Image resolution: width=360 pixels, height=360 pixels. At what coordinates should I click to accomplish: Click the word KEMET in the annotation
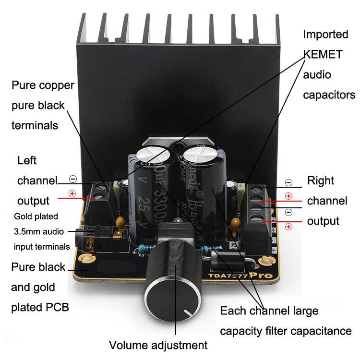tap(323, 55)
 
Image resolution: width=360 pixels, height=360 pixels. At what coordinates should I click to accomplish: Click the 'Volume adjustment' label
tap(158, 345)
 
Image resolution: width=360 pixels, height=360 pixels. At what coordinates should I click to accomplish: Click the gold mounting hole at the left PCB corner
tap(87, 259)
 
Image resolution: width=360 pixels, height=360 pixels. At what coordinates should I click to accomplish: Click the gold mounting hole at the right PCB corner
tap(264, 262)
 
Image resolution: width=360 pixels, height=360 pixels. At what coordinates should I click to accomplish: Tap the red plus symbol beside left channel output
tap(72, 194)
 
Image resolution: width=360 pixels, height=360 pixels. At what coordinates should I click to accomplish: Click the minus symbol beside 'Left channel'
tap(72, 179)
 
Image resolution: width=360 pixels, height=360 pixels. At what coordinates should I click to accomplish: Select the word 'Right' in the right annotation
tap(321, 181)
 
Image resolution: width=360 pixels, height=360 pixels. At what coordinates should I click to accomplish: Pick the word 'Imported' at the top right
tap(325, 35)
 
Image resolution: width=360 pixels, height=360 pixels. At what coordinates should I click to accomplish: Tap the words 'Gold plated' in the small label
tap(36, 216)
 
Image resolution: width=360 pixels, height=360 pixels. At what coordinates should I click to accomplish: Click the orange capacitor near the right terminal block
tap(235, 223)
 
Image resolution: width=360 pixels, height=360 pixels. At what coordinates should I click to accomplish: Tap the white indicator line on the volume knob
tap(186, 314)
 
